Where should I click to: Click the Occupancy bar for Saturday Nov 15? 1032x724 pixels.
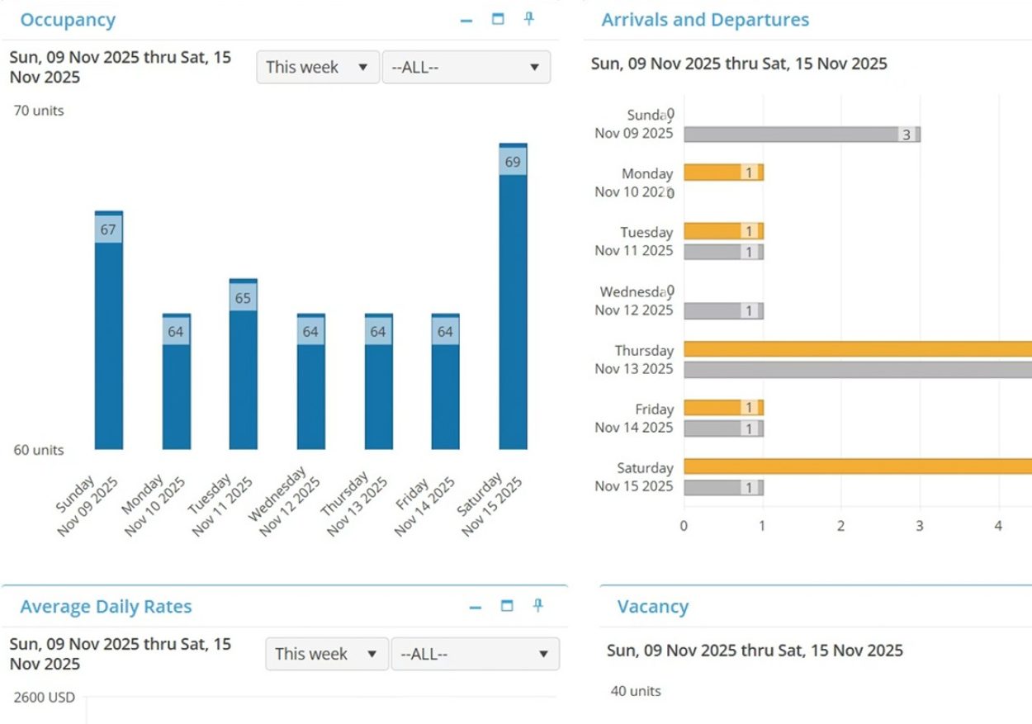(x=513, y=296)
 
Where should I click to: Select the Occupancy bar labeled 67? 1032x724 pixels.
(x=109, y=329)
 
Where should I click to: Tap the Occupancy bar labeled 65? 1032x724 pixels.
(x=244, y=364)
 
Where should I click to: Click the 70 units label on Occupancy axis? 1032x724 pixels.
(x=39, y=111)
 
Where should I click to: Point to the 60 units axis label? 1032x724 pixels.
(x=39, y=450)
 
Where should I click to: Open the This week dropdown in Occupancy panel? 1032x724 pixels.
(x=318, y=67)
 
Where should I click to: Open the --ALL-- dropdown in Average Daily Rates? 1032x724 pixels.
(x=476, y=654)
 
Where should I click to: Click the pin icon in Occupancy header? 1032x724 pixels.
(x=529, y=19)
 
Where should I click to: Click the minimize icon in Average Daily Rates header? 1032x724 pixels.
(x=476, y=608)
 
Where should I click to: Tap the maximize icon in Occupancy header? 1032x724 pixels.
(x=498, y=19)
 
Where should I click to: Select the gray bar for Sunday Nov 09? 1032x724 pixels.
(x=802, y=135)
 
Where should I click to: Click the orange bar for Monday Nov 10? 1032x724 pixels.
(x=724, y=173)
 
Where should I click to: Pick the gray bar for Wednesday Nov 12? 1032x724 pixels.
(x=724, y=311)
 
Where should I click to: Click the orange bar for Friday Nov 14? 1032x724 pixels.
(x=724, y=408)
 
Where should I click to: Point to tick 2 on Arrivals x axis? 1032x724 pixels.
(x=840, y=526)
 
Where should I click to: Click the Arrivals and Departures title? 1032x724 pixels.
(x=705, y=20)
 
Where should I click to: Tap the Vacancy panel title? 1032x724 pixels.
(x=653, y=607)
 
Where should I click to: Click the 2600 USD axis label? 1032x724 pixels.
(x=45, y=698)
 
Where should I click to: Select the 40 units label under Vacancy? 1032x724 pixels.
(x=636, y=691)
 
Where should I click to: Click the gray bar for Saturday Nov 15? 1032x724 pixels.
(x=724, y=487)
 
